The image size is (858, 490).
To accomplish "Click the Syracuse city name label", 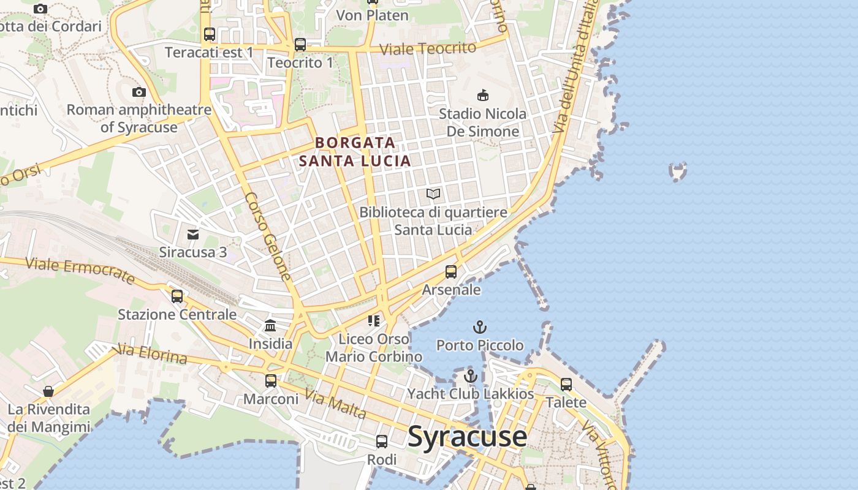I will [x=467, y=436].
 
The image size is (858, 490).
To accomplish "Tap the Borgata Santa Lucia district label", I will [x=355, y=151].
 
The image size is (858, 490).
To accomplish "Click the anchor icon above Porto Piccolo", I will [x=480, y=327].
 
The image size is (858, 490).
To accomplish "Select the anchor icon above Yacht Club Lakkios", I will [x=471, y=375].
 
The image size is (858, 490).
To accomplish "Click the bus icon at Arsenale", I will [x=451, y=271].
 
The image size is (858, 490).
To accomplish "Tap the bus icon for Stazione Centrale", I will [x=177, y=296].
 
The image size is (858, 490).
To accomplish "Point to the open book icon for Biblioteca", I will [x=433, y=194].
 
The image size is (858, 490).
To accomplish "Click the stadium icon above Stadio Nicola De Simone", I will [x=483, y=95].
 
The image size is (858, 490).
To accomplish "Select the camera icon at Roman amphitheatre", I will [x=139, y=92].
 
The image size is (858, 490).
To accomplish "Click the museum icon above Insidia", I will [x=270, y=325].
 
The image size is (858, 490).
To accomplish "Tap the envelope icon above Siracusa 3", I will [x=193, y=234].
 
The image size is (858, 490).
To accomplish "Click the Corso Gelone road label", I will [x=268, y=236].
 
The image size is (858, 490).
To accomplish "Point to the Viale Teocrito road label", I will [x=428, y=49].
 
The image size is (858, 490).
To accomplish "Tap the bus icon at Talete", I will [x=566, y=385].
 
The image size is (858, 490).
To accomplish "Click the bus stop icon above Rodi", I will [x=382, y=442].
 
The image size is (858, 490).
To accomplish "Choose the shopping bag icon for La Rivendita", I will [x=48, y=391].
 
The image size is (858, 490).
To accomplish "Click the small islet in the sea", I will [x=678, y=172].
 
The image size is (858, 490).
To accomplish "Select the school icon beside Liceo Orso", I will [x=374, y=320].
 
